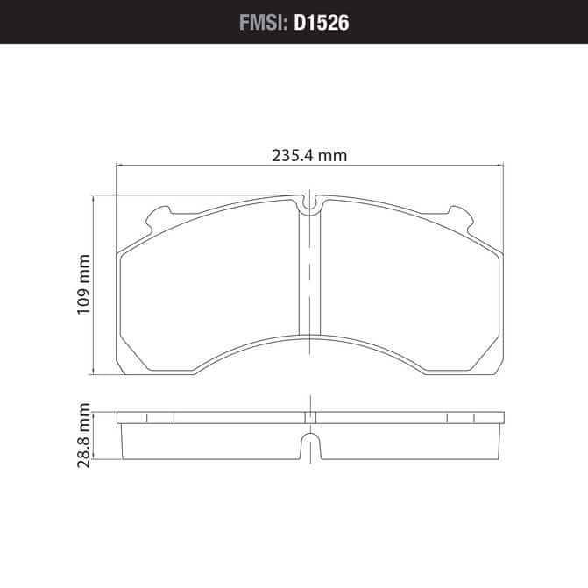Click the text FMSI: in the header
[x=263, y=23]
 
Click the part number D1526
[x=322, y=23]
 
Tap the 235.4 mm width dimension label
[x=309, y=156]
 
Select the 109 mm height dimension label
[x=83, y=285]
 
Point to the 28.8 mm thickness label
[x=83, y=436]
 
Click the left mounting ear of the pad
[x=159, y=217]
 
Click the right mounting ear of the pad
[x=461, y=217]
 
